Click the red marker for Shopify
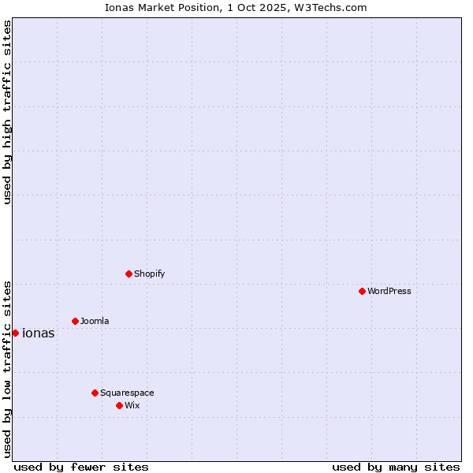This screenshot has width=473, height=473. (x=128, y=274)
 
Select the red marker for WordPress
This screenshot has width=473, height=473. (x=362, y=291)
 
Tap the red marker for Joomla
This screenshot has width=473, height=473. (x=75, y=321)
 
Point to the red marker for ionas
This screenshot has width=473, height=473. (x=15, y=333)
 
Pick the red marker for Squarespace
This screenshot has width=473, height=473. (x=95, y=393)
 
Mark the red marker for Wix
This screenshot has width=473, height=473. (x=119, y=405)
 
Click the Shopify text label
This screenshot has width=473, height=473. (x=149, y=274)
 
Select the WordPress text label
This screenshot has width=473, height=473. (x=389, y=291)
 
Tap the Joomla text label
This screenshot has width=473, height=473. (x=95, y=321)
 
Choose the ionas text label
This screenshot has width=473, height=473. (x=39, y=333)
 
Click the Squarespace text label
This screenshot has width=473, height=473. (x=127, y=393)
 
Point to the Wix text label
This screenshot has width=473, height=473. (x=132, y=405)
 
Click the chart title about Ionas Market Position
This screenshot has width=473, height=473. (x=236, y=8)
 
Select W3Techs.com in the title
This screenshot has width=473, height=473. (x=331, y=8)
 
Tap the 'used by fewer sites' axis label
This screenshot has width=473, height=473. (x=81, y=467)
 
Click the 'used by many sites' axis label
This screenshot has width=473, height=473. (x=396, y=467)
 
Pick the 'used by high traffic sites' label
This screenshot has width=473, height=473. (x=8, y=113)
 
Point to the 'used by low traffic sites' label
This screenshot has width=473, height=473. (x=8, y=368)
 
